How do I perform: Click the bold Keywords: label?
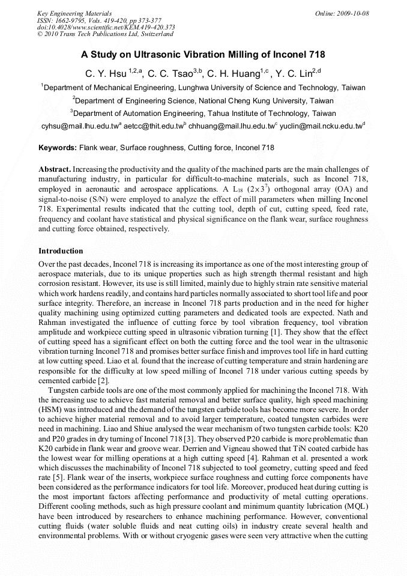[58, 147]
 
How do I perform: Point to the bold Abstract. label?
[55, 170]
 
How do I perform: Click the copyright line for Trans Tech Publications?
[106, 34]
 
